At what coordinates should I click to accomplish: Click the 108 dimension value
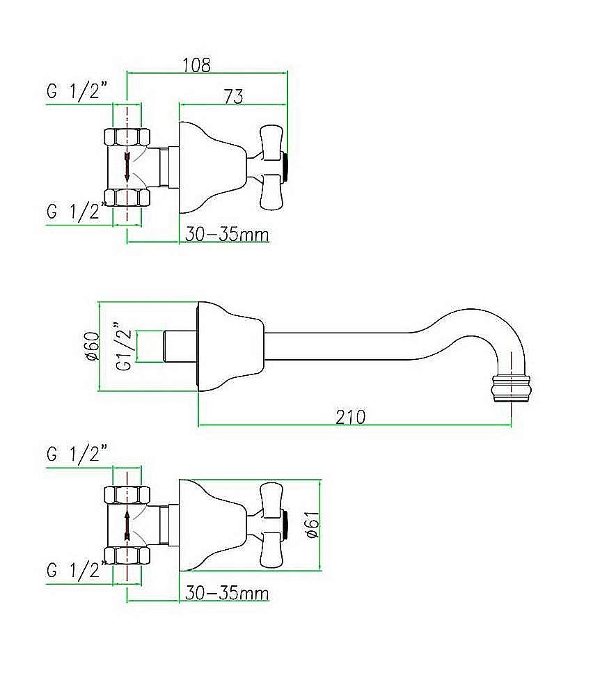[197, 65]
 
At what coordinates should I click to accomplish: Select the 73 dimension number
[234, 96]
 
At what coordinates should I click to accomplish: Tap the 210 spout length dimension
[351, 417]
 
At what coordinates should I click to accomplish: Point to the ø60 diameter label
[92, 346]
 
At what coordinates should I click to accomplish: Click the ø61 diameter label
[313, 524]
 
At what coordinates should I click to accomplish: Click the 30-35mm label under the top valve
[227, 235]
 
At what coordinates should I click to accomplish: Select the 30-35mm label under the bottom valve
[227, 593]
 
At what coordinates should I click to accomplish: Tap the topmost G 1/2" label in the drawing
[77, 91]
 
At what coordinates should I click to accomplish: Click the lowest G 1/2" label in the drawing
[77, 570]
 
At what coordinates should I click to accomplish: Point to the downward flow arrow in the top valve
[127, 167]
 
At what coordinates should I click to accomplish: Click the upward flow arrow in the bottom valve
[127, 525]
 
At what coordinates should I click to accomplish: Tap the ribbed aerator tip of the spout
[512, 388]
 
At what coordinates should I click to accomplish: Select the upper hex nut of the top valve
[127, 136]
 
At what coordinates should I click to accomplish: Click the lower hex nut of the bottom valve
[127, 555]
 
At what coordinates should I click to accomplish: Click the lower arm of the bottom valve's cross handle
[271, 551]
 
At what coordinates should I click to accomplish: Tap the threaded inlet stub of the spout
[180, 347]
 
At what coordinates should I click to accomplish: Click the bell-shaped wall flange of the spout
[230, 347]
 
